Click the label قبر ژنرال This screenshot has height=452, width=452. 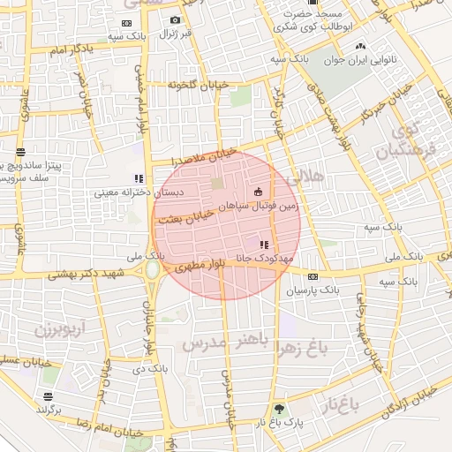(175, 34)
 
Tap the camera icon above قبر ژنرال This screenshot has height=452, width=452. (175, 20)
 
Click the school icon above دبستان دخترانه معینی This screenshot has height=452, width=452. (138, 178)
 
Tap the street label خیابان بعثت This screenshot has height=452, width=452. (192, 216)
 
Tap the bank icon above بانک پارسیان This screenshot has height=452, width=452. (312, 276)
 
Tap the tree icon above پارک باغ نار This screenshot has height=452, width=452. (280, 409)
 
